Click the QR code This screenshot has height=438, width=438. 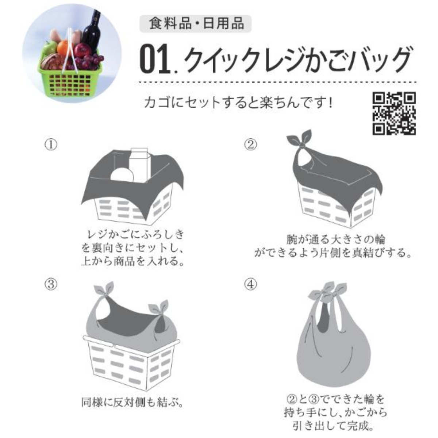pyautogui.click(x=394, y=114)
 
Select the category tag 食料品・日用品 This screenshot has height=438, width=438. pyautogui.click(x=196, y=24)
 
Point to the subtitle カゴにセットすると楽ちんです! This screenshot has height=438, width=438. pyautogui.click(x=238, y=103)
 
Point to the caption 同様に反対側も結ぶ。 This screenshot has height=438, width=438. pyautogui.click(x=131, y=403)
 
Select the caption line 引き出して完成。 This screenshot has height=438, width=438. pyautogui.click(x=333, y=426)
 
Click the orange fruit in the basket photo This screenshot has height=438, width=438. pyautogui.click(x=64, y=47)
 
